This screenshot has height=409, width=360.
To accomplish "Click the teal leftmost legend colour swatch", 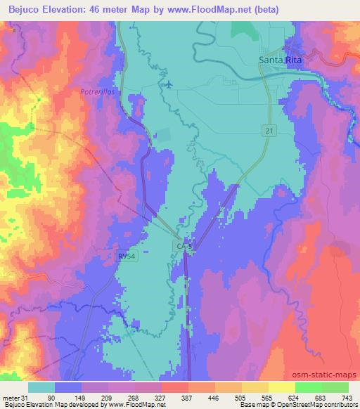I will pyautogui.click(x=41, y=387).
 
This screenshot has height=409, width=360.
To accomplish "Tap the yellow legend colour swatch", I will pyautogui.click(x=281, y=387).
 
